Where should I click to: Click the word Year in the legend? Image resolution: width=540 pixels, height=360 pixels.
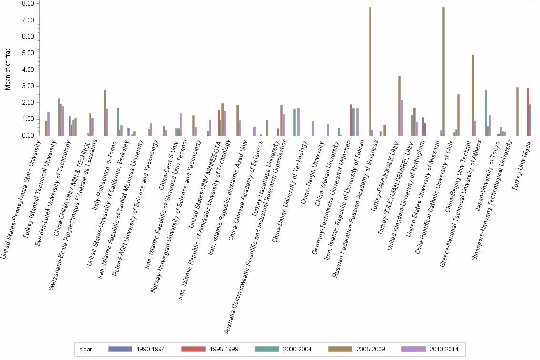86,350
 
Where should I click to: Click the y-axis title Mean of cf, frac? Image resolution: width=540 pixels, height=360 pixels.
7,70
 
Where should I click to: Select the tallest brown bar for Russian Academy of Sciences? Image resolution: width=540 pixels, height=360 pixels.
370,71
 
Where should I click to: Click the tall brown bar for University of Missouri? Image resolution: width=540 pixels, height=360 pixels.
443,71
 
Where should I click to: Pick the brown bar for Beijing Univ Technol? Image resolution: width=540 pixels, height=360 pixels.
473,95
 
